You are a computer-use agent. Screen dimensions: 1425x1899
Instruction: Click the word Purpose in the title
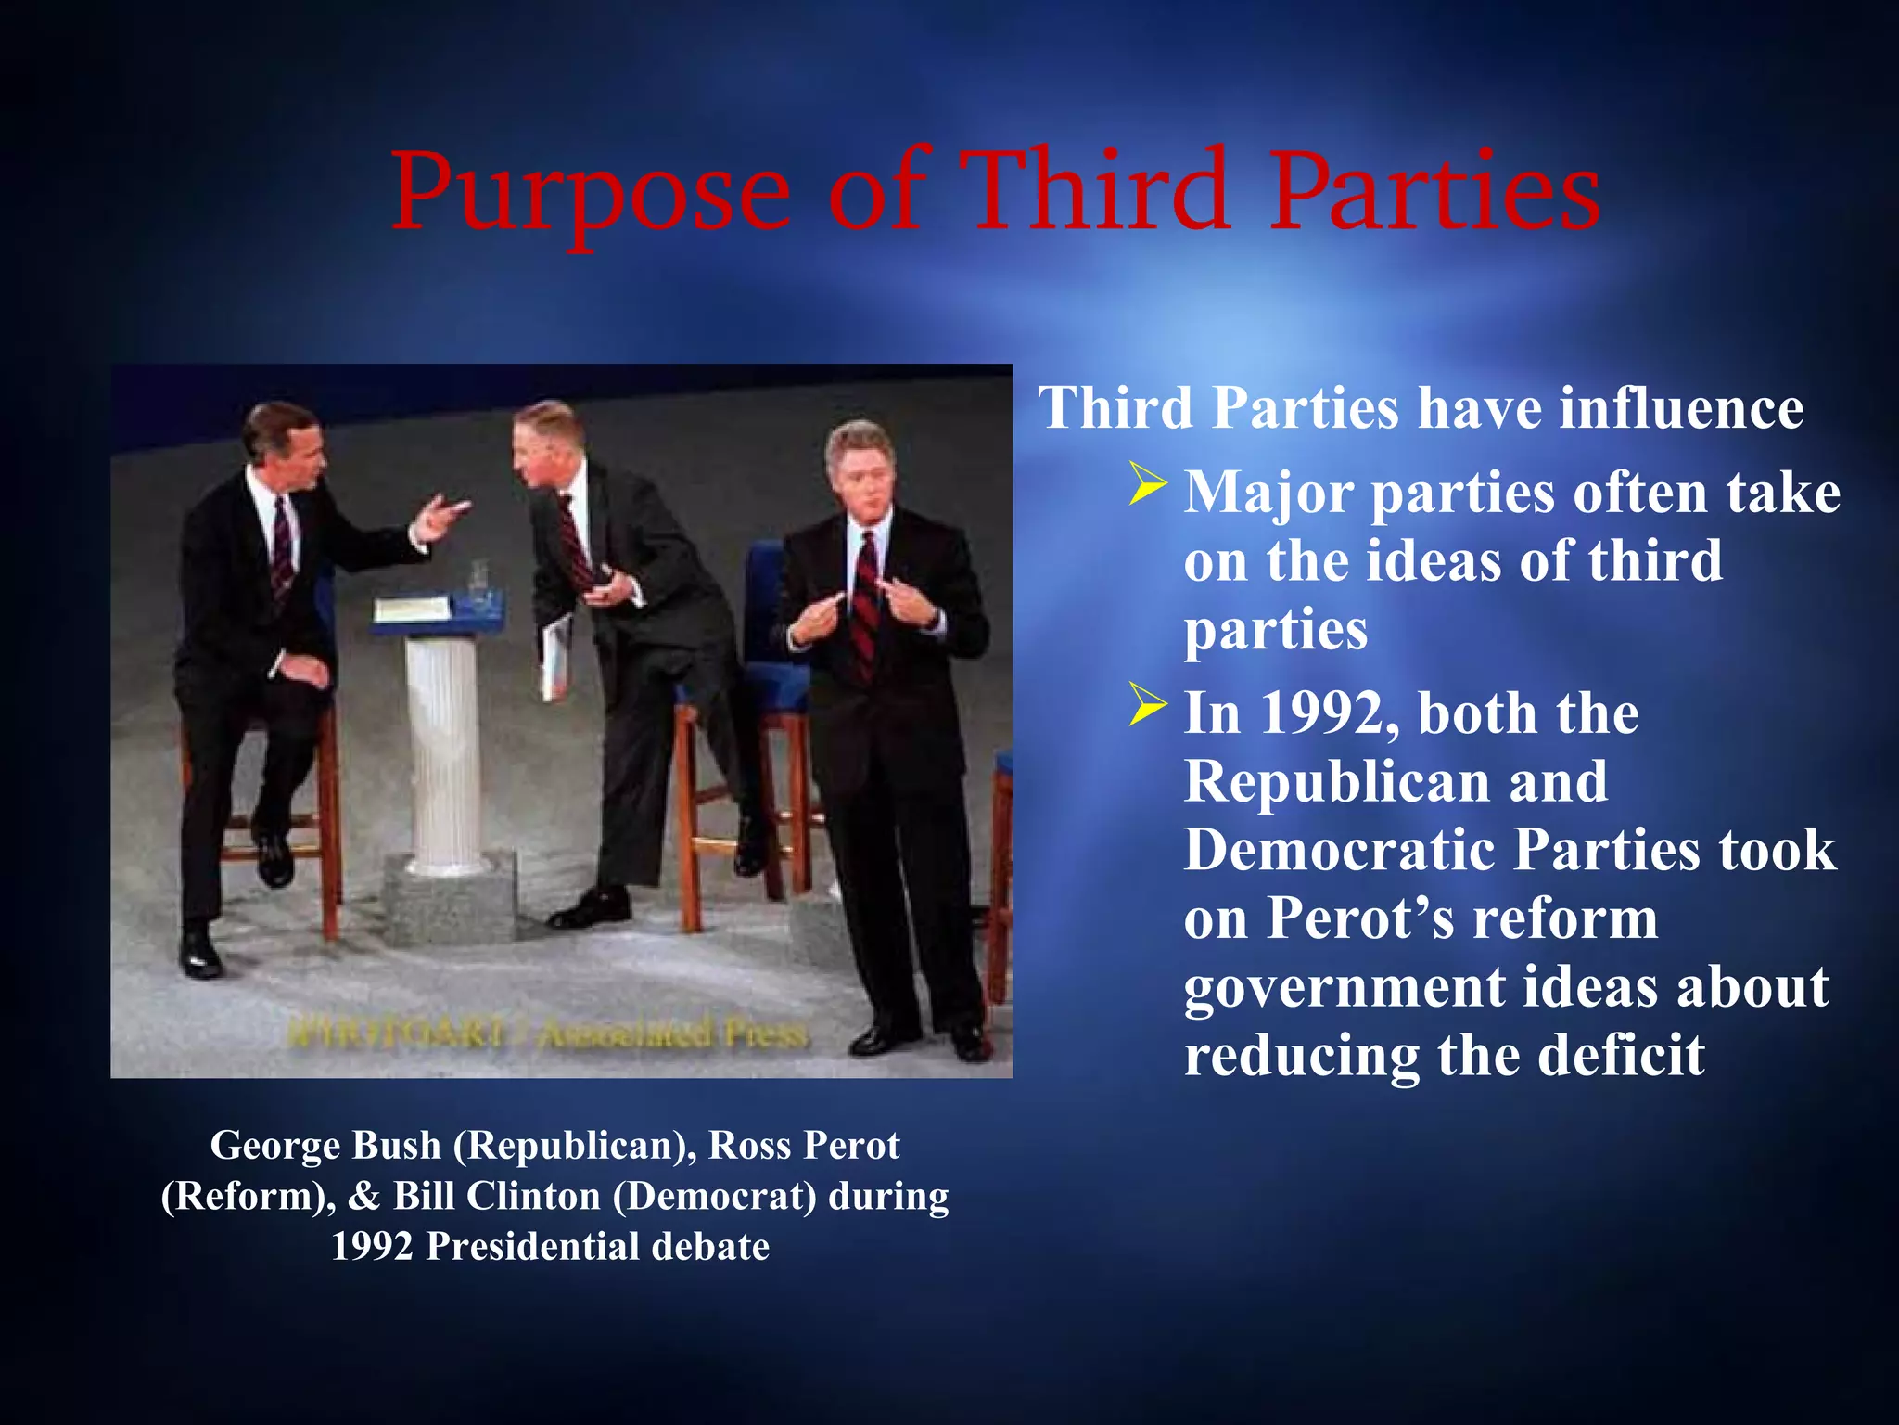tap(591, 193)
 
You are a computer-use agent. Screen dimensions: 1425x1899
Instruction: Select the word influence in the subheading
tap(1681, 408)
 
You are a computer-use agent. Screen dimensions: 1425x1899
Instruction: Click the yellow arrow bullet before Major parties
tap(1148, 486)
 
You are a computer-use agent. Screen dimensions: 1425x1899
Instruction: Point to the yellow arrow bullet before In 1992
tap(1148, 707)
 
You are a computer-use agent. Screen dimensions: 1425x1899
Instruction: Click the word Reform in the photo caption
tap(243, 1197)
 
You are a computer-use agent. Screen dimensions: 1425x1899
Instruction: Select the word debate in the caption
tap(710, 1247)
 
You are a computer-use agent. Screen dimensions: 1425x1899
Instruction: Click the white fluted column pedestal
tap(443, 751)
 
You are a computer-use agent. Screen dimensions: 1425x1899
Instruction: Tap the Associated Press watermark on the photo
tap(672, 1033)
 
